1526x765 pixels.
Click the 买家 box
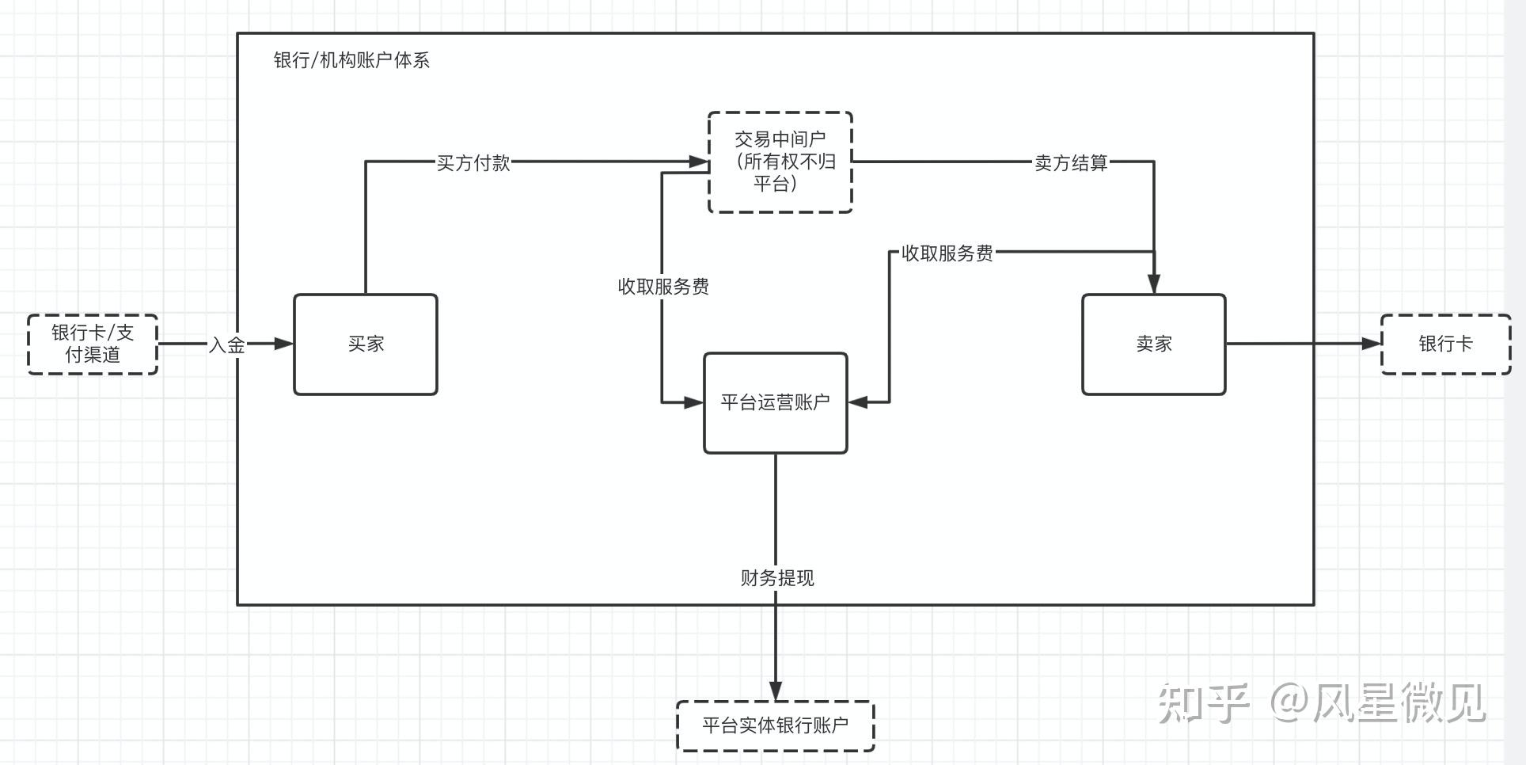[365, 344]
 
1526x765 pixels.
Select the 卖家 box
[1153, 344]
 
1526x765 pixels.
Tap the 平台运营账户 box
[775, 402]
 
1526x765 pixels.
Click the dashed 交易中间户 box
[780, 162]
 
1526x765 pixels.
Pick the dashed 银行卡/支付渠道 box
[93, 344]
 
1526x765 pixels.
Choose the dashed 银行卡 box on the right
[1445, 344]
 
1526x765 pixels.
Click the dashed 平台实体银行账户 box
[775, 725]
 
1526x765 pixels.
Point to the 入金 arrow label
[226, 345]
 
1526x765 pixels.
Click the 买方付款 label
[473, 163]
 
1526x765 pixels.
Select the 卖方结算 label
[1071, 163]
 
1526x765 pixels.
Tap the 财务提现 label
[776, 578]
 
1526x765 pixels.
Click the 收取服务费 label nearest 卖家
[947, 253]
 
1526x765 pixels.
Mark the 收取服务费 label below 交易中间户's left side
[663, 287]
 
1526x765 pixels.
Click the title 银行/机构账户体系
[351, 61]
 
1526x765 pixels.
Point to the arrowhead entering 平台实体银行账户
[776, 691]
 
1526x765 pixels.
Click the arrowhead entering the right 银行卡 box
[1372, 344]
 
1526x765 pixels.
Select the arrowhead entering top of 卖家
[1154, 284]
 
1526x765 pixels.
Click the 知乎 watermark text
[1203, 703]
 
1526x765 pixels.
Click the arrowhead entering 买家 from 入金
[283, 344]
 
